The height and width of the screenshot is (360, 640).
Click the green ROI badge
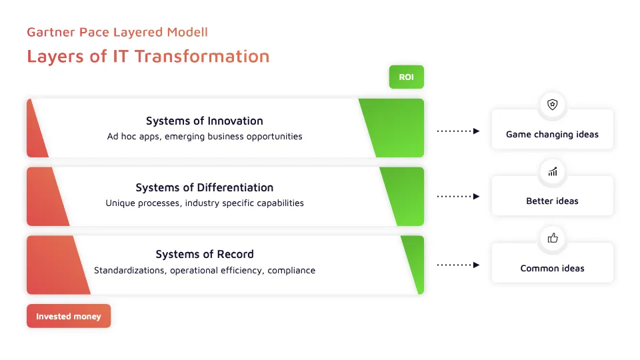[406, 77]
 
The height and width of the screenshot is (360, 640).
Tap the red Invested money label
[69, 316]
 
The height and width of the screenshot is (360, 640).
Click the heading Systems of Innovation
[204, 121]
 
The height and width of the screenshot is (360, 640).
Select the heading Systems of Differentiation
[204, 187]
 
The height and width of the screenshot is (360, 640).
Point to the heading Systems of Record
[204, 254]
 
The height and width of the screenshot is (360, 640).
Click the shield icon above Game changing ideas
[552, 105]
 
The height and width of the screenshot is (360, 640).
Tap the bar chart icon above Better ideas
[552, 171]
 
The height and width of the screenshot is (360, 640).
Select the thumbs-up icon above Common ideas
[552, 238]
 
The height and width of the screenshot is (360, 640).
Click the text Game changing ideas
[552, 134]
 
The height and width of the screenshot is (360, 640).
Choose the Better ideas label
[552, 201]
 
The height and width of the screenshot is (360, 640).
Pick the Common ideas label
[552, 268]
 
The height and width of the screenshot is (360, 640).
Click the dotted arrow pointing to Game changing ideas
[458, 131]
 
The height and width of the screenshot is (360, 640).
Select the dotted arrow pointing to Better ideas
[458, 197]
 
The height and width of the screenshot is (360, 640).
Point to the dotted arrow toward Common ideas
[458, 265]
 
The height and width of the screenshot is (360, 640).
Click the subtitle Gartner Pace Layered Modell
[117, 32]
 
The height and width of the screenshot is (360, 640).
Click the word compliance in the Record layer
[291, 270]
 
